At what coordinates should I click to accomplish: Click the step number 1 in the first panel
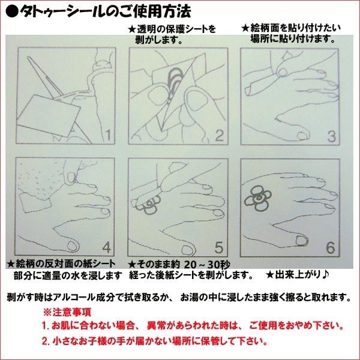pyautogui.click(x=109, y=135)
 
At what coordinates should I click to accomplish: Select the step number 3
pyautogui.click(x=332, y=136)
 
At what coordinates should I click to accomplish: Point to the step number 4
pyautogui.click(x=107, y=248)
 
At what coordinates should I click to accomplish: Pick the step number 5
pyautogui.click(x=219, y=247)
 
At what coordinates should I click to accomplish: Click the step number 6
pyautogui.click(x=331, y=248)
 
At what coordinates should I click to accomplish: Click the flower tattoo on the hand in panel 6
pyautogui.click(x=257, y=198)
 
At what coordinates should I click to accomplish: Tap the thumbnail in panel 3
pyautogui.click(x=302, y=136)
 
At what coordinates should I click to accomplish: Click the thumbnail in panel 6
pyautogui.click(x=302, y=240)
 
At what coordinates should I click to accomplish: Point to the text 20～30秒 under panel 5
pyautogui.click(x=207, y=265)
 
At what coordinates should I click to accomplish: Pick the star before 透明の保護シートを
pyautogui.click(x=132, y=29)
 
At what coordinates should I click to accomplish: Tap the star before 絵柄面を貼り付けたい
pyautogui.click(x=245, y=28)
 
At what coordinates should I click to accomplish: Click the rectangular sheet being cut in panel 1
pyautogui.click(x=49, y=116)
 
